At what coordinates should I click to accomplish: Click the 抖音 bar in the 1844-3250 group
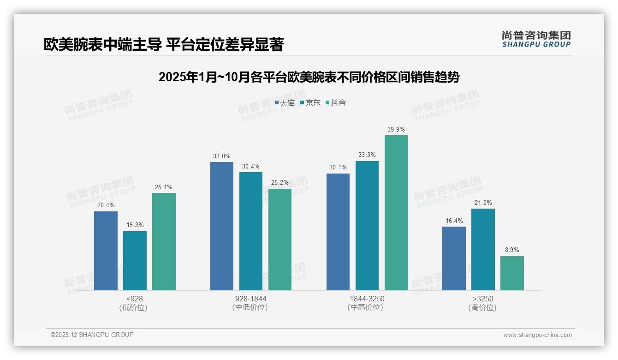[396, 212]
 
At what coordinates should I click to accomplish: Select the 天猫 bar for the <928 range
[106, 251]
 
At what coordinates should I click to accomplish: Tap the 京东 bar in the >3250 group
[483, 249]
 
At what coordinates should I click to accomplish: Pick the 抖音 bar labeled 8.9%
[512, 273]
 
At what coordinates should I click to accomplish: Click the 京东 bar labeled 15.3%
[135, 261]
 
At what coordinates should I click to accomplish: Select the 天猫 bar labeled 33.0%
[222, 226]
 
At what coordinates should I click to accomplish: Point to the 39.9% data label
[396, 129]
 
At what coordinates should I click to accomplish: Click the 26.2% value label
[280, 183]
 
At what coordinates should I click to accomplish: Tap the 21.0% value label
[483, 203]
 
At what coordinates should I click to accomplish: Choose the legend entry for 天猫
[285, 102]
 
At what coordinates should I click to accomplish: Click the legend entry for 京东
[310, 102]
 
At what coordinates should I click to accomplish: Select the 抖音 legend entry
[336, 102]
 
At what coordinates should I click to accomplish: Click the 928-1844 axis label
[250, 299]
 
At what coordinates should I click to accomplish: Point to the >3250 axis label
[483, 299]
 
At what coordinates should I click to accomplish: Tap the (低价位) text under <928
[134, 307]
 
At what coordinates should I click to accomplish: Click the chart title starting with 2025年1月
[309, 77]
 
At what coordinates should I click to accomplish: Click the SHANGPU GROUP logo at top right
[536, 39]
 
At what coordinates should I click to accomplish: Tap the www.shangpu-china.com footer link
[537, 335]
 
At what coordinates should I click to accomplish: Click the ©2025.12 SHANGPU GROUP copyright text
[92, 335]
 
